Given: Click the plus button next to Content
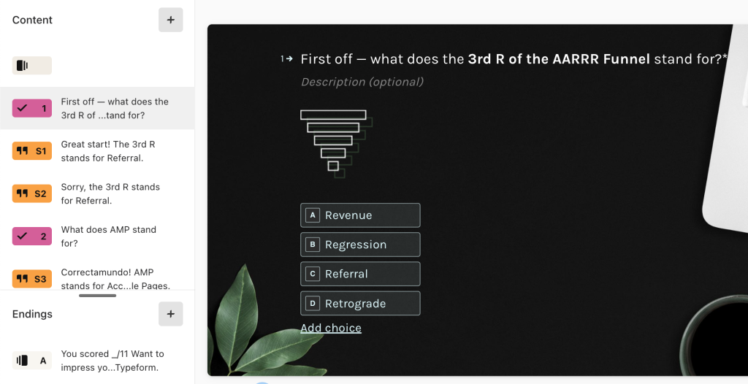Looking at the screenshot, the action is click(171, 20).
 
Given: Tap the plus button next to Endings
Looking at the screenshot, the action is click(171, 314).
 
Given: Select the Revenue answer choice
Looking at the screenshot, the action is click(360, 215).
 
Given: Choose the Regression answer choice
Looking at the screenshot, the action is click(360, 245).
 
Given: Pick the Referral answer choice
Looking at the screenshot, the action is click(360, 274).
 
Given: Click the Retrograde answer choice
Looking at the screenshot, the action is click(360, 304).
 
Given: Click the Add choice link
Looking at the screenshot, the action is click(331, 329).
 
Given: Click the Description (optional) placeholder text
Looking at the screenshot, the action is click(362, 82).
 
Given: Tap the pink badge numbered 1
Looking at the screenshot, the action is click(32, 108).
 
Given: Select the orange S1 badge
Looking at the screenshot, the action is click(32, 150).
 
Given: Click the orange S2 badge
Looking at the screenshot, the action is click(32, 193).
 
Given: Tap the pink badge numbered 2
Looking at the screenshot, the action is click(32, 236).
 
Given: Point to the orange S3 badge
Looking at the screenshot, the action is click(32, 279).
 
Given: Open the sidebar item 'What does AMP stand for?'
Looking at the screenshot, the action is click(108, 236).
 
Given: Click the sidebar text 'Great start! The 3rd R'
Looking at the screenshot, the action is click(108, 144).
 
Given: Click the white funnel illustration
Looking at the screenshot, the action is click(336, 143).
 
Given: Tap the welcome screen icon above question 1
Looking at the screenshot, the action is click(32, 66).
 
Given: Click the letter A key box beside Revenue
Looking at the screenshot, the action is click(313, 215).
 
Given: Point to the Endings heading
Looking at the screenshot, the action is click(32, 314).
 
